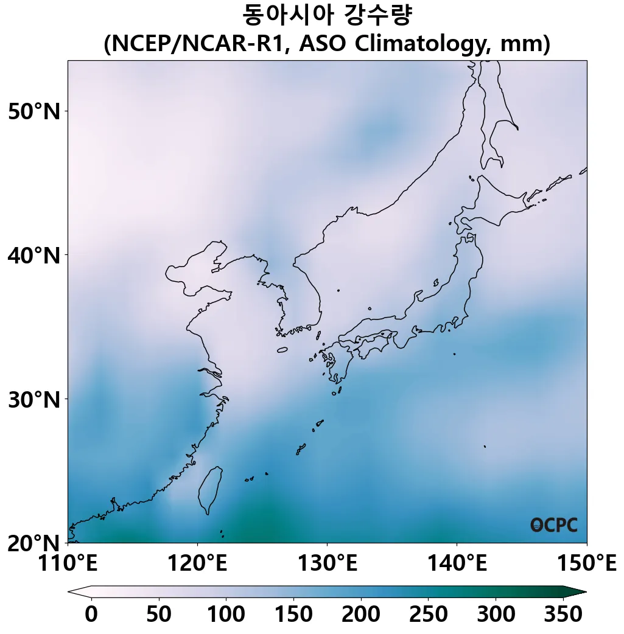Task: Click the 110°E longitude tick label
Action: pyautogui.click(x=68, y=563)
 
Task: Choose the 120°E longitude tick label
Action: pyautogui.click(x=197, y=563)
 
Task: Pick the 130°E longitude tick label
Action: pyautogui.click(x=327, y=563)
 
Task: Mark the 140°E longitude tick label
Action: pyautogui.click(x=457, y=563)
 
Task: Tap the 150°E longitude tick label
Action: pyautogui.click(x=586, y=563)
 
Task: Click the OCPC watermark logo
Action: pyautogui.click(x=553, y=525)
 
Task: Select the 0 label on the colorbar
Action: pyautogui.click(x=91, y=615)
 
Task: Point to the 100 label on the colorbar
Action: pyautogui.click(x=226, y=615)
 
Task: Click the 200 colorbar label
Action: pyautogui.click(x=360, y=615)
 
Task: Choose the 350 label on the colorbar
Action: pyautogui.click(x=563, y=615)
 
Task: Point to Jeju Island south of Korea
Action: pyautogui.click(x=282, y=350)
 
